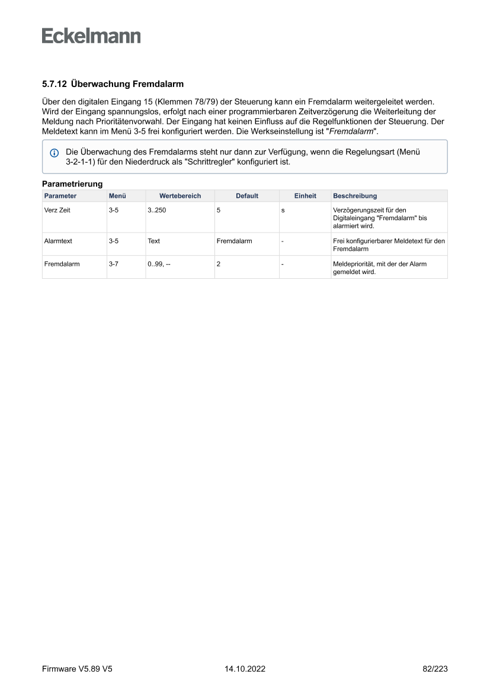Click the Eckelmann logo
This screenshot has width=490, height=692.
pyautogui.click(x=91, y=36)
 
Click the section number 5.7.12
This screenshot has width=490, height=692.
pyautogui.click(x=54, y=85)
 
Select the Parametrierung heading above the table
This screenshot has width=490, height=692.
pyautogui.click(x=72, y=184)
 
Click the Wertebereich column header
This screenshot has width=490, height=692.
pyautogui.click(x=180, y=196)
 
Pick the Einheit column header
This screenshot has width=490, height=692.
pyautogui.click(x=305, y=196)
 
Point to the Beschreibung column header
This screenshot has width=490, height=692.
pyautogui.click(x=355, y=196)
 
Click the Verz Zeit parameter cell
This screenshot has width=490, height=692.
pyautogui.click(x=57, y=210)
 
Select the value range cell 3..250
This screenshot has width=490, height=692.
pyautogui.click(x=157, y=210)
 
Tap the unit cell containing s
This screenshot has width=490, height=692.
pyautogui.click(x=283, y=210)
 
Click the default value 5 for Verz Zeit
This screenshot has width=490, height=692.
pyautogui.click(x=219, y=210)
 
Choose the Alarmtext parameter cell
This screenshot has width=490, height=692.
pyautogui.click(x=58, y=241)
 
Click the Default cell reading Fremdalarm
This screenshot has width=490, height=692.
pyautogui.click(x=234, y=241)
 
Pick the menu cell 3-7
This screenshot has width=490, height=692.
pyautogui.click(x=114, y=264)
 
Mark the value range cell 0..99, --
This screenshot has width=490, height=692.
pyautogui.click(x=159, y=264)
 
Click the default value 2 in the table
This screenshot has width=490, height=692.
pyautogui.click(x=219, y=264)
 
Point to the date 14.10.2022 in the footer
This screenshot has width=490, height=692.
pyautogui.click(x=245, y=669)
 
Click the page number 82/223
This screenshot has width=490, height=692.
pyautogui.click(x=435, y=669)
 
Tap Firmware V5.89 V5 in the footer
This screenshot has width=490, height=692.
pyautogui.click(x=77, y=669)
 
